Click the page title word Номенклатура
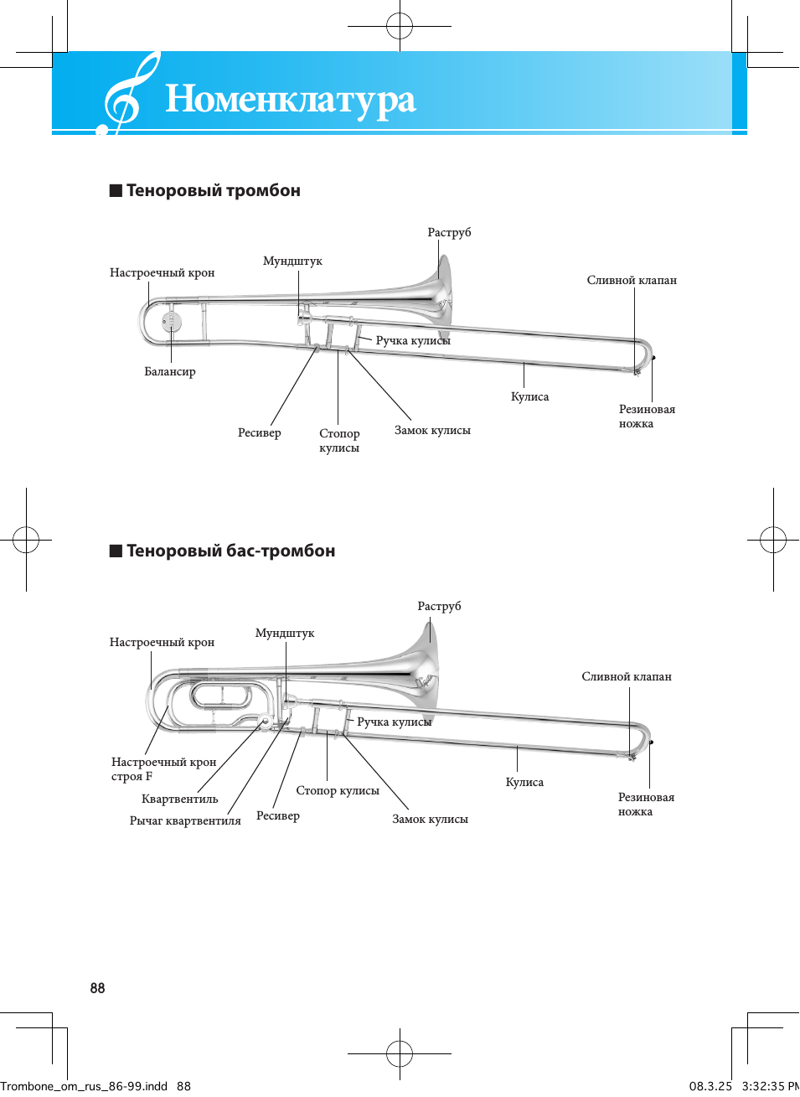point(290,100)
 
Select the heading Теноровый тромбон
point(213,191)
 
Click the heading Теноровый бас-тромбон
point(230,551)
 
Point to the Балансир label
point(170,372)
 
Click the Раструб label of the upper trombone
point(449,233)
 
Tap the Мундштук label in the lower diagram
point(285,634)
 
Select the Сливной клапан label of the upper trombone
point(632,281)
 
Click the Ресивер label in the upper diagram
point(260,433)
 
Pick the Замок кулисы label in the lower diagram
point(430,820)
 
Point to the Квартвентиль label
point(179,799)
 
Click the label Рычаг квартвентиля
point(185,821)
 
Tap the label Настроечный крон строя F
point(163,769)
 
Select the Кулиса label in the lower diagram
point(524,783)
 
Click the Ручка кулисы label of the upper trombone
point(413,341)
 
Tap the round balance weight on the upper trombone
point(172,321)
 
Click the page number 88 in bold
point(98,989)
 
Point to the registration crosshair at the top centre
point(400,26)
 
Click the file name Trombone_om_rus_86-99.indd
point(84,1086)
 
